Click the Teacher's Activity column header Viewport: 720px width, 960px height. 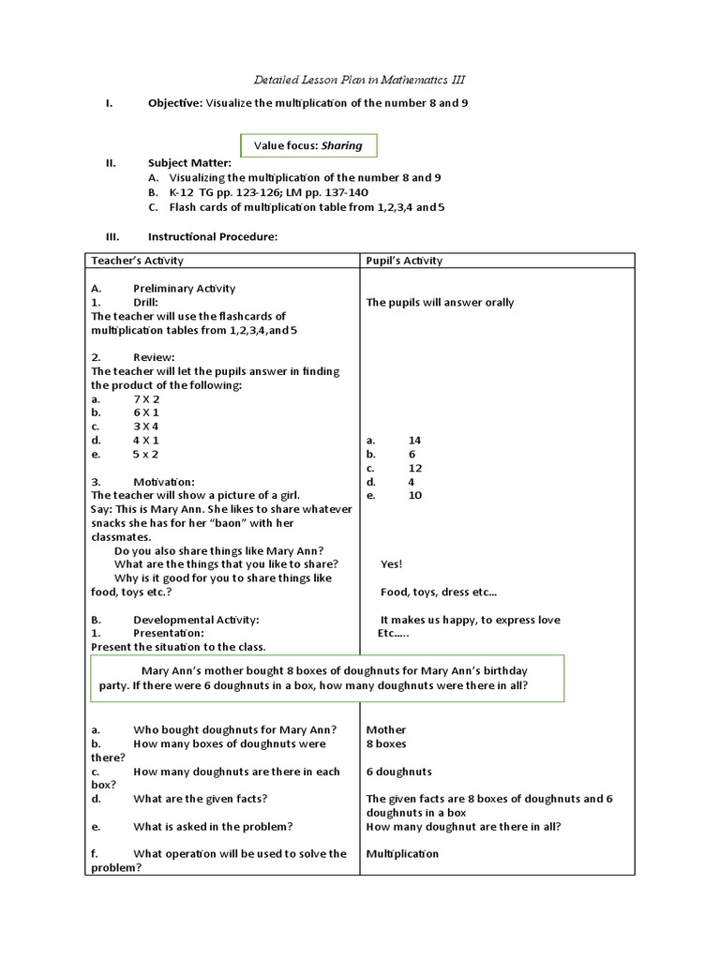[x=137, y=260]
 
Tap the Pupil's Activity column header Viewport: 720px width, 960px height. [x=404, y=260]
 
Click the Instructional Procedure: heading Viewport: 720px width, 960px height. [x=212, y=236]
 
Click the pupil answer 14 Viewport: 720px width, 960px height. [x=415, y=440]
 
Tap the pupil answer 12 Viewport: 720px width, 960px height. [x=415, y=467]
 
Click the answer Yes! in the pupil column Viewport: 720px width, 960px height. [x=391, y=564]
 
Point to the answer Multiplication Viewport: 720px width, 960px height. [x=402, y=854]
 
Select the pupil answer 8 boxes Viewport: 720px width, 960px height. [x=386, y=743]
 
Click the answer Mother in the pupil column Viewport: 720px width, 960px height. [x=386, y=729]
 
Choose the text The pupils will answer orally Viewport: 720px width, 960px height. [x=440, y=302]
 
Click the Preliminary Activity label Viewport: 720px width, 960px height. [x=184, y=289]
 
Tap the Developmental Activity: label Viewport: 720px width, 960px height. [x=195, y=620]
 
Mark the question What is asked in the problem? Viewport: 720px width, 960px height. [x=213, y=826]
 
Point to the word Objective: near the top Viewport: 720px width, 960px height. [x=174, y=103]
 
